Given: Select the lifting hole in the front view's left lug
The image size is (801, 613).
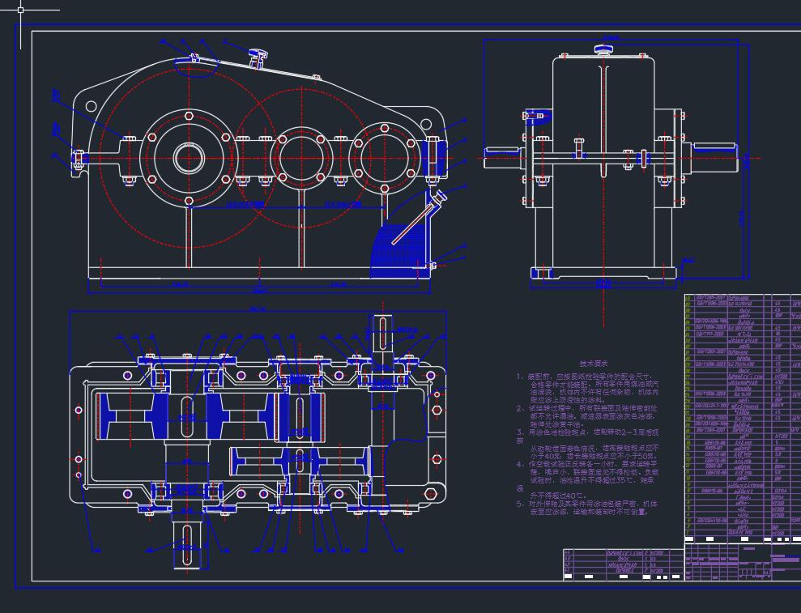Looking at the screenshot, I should (91, 106).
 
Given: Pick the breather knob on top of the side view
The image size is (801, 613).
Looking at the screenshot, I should (603, 50).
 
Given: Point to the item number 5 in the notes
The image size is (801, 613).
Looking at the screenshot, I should (520, 504).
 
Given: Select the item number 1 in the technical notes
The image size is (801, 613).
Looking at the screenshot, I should (520, 377).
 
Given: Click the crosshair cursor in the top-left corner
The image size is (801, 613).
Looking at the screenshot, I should (20, 10).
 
